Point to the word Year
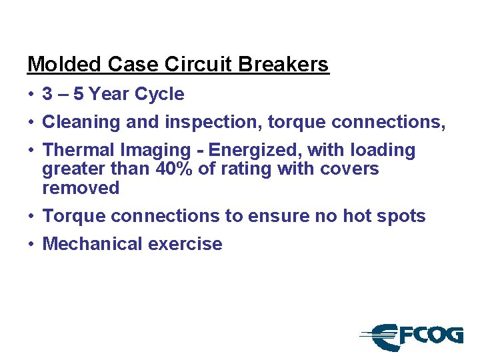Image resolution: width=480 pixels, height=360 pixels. click(109, 94)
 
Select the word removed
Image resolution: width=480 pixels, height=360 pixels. click(81, 188)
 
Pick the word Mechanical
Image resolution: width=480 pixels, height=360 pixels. click(92, 244)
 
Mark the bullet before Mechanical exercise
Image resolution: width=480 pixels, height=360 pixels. click(31, 244)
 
